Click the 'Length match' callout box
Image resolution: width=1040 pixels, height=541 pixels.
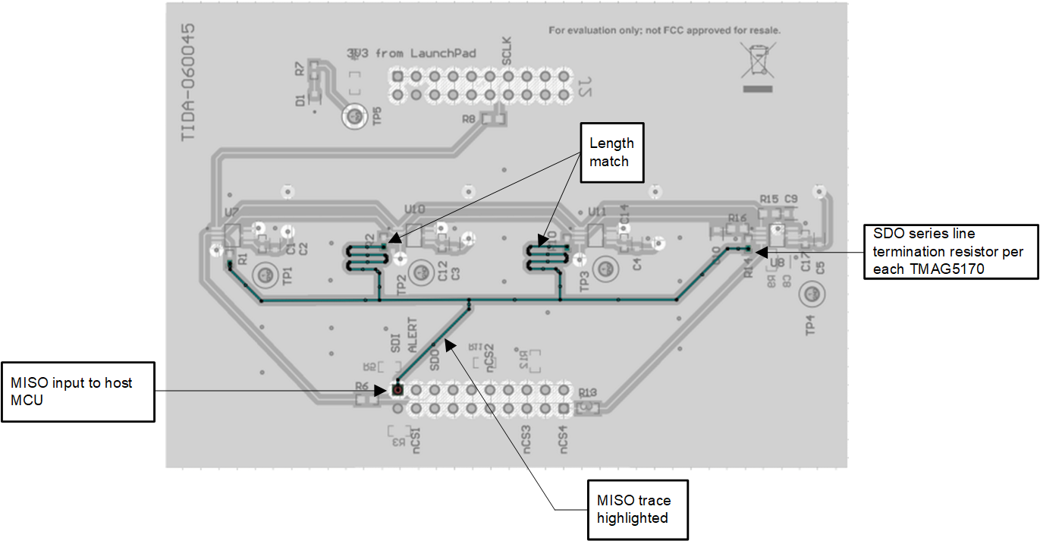tap(611, 153)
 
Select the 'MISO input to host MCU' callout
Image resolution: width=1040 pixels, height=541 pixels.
tap(77, 392)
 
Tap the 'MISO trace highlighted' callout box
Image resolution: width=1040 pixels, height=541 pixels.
tap(638, 509)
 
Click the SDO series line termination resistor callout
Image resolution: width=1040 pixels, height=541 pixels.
tap(950, 251)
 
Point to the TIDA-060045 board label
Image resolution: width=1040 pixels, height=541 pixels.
tap(188, 82)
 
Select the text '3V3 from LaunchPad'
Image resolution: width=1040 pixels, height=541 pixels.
tap(411, 53)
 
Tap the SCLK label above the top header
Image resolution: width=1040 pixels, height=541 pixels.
tap(507, 51)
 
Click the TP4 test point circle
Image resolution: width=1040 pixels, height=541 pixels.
tap(810, 293)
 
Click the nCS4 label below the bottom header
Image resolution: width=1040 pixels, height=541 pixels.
tap(564, 440)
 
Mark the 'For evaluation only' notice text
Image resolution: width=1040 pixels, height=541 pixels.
tap(665, 31)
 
